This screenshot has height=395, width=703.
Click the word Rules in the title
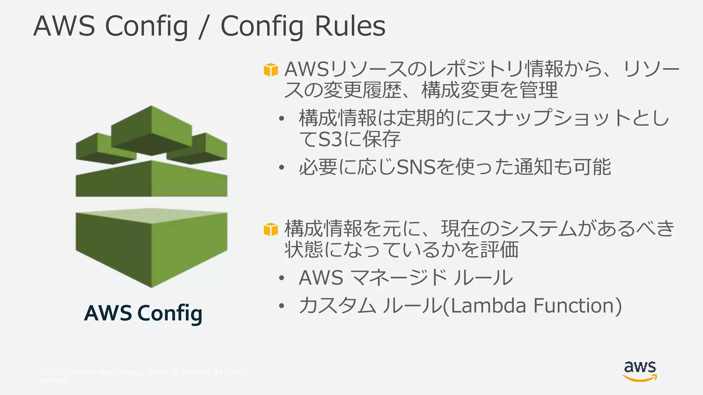tap(350, 26)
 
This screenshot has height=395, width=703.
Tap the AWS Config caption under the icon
tap(143, 313)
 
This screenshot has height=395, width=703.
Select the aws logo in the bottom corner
tap(640, 371)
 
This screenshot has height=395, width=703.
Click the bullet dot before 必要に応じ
tap(281, 168)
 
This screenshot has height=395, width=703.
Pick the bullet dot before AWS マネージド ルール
tap(281, 278)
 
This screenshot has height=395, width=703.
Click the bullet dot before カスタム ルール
tap(281, 306)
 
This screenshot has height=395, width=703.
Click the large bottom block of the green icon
tap(151, 247)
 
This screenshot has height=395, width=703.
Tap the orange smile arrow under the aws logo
tap(640, 378)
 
